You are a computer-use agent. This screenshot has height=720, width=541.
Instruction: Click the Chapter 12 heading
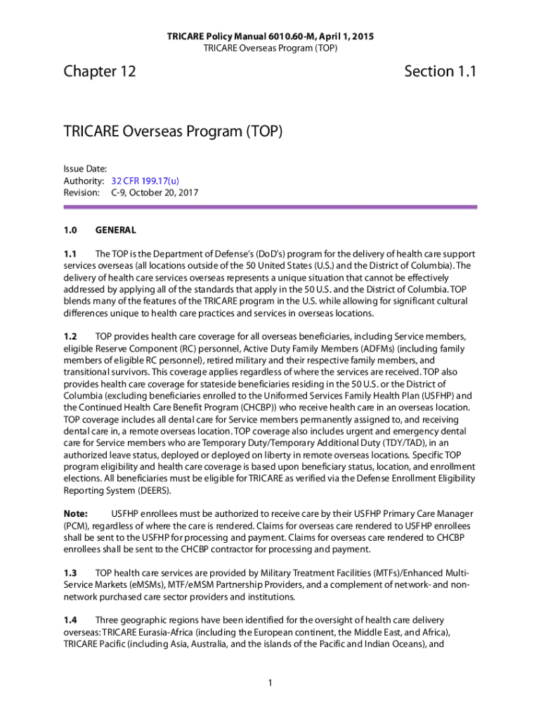[99, 71]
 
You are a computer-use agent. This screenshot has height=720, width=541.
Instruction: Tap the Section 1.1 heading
[441, 71]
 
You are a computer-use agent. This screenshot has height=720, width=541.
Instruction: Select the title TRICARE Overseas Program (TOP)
[173, 131]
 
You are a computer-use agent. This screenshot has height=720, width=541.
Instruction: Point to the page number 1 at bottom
[270, 681]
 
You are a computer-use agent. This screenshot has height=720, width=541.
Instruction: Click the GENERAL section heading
[115, 230]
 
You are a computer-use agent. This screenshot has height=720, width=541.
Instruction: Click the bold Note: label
[75, 514]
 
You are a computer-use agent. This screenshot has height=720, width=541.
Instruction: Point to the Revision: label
[82, 191]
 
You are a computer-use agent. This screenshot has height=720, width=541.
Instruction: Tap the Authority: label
[84, 180]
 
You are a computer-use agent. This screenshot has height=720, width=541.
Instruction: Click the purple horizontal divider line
[270, 207]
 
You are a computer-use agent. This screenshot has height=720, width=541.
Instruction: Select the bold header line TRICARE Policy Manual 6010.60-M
[270, 36]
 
